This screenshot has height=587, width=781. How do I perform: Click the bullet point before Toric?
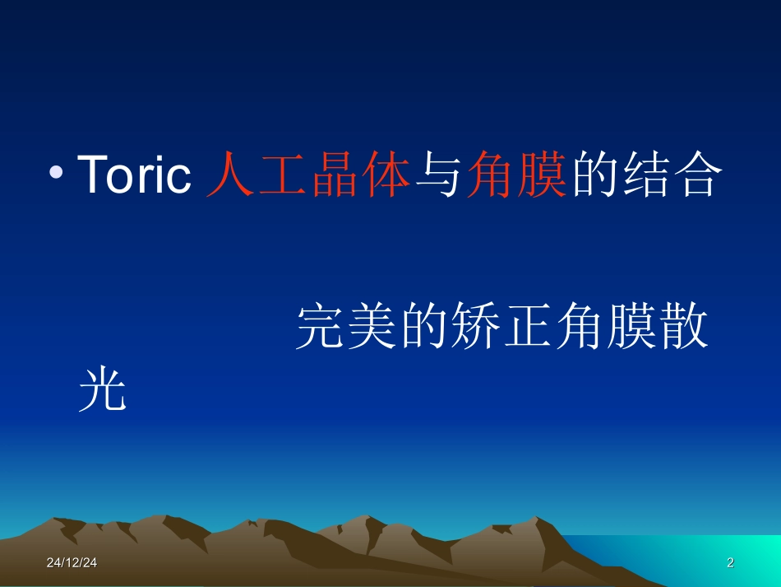coord(56,173)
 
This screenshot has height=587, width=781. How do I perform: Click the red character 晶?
coord(335,175)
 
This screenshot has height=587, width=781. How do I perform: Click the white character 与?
coord(437,175)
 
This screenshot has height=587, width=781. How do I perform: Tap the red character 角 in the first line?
coord(489,175)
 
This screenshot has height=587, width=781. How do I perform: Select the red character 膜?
coord(540,175)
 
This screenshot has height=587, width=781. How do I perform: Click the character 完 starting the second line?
coord(321,328)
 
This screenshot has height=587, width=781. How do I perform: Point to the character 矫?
coord(476,328)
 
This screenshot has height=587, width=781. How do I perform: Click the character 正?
coord(528,328)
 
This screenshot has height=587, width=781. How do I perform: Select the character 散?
coord(683,328)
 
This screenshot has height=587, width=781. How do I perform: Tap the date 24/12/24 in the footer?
coord(72,563)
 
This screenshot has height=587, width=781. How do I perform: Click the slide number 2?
coord(730,563)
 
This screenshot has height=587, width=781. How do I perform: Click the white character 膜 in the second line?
coord(631,328)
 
